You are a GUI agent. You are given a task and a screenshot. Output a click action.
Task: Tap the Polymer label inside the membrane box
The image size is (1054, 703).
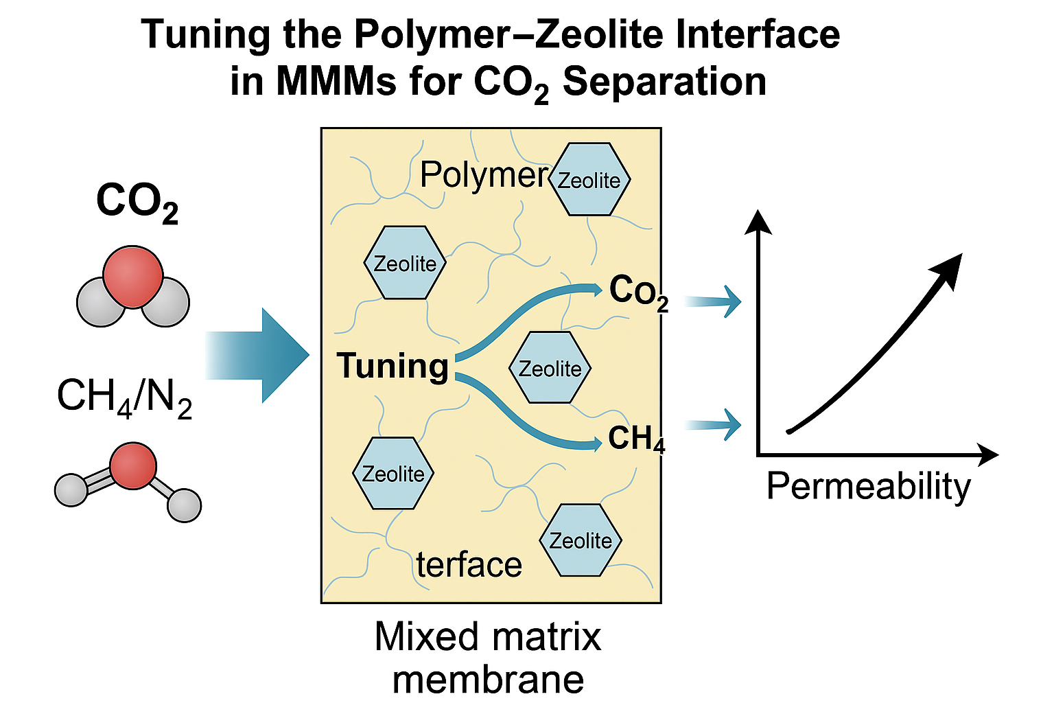(x=483, y=174)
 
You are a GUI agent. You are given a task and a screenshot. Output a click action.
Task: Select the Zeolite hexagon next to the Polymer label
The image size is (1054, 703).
(x=589, y=179)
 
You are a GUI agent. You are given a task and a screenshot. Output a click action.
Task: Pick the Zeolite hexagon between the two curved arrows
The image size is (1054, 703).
(x=550, y=368)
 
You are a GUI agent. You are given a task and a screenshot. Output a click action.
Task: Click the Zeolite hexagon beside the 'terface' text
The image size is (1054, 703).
(x=581, y=540)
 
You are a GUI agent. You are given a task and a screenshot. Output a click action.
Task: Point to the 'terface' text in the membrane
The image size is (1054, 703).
(x=469, y=565)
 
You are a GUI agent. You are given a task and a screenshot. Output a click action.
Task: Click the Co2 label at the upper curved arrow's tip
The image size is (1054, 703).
(x=638, y=291)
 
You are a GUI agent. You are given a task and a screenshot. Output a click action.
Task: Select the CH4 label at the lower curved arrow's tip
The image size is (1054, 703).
(x=636, y=439)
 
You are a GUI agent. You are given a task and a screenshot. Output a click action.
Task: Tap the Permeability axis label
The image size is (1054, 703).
(x=868, y=486)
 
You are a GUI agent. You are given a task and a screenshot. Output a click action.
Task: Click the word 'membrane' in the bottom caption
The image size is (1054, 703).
(x=488, y=679)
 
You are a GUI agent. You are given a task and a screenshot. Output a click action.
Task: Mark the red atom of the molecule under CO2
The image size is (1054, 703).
(x=133, y=276)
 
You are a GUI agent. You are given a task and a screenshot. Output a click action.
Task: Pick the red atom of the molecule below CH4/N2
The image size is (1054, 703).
(x=132, y=465)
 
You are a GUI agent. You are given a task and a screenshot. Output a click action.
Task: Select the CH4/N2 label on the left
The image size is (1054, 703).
(x=124, y=396)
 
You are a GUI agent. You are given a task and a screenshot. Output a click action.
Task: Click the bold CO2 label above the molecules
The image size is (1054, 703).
(x=137, y=203)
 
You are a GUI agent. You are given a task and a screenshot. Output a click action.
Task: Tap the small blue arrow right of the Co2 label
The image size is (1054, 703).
(x=717, y=301)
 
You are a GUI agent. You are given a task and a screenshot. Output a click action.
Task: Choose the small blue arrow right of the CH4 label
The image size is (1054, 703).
(x=717, y=424)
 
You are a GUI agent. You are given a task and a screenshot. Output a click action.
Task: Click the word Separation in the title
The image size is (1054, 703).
(x=664, y=82)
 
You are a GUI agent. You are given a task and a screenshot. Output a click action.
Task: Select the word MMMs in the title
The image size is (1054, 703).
(x=336, y=82)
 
